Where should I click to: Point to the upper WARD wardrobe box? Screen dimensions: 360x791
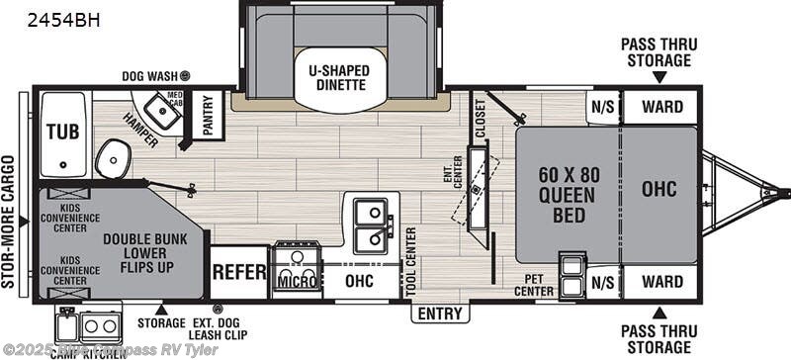pos(660,105)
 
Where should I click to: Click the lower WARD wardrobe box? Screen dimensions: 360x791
pos(660,282)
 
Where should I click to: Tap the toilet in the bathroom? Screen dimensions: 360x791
pos(115,157)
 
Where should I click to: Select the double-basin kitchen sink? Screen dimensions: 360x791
pos(371,225)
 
